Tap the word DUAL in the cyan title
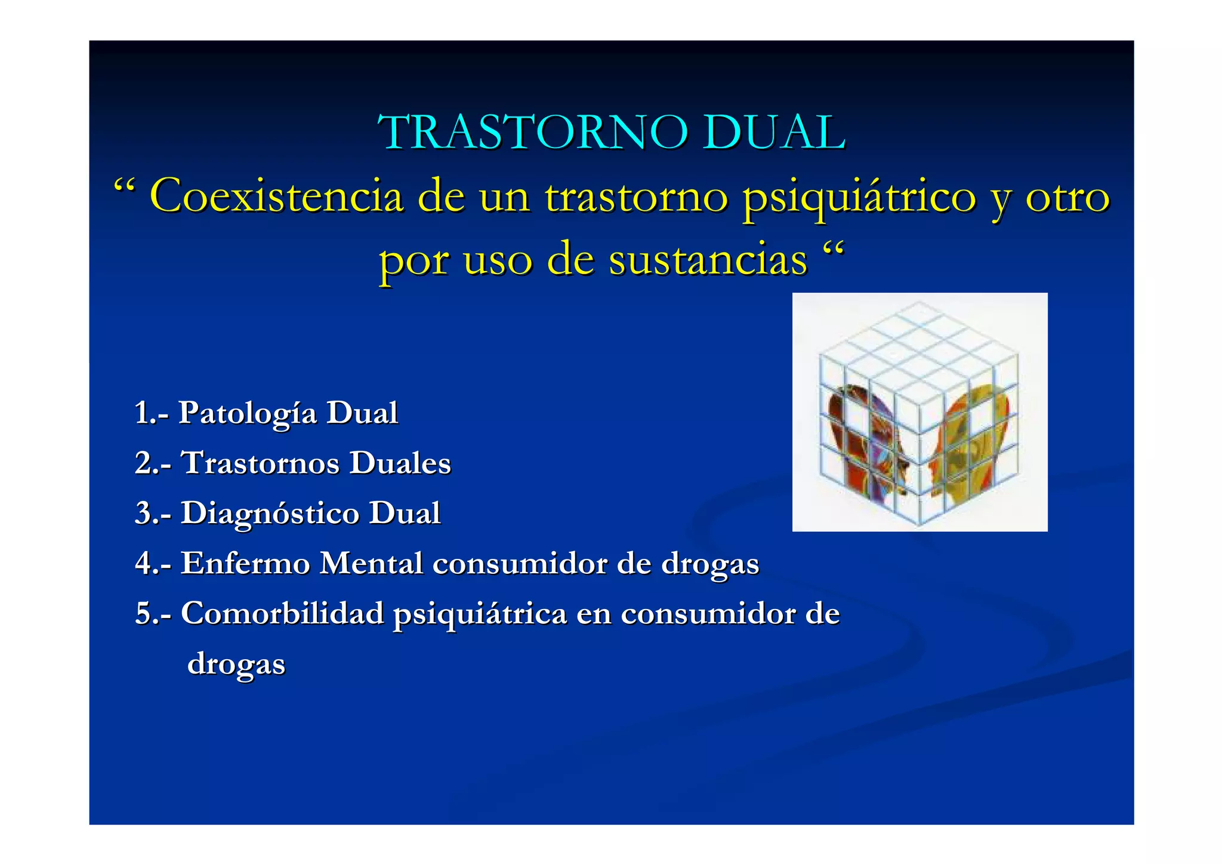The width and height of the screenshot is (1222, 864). [773, 132]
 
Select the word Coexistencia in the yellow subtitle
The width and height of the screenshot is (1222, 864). [276, 196]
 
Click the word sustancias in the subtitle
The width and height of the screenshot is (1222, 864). [708, 260]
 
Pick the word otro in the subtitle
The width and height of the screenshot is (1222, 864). [1067, 196]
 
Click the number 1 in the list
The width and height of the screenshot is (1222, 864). [141, 413]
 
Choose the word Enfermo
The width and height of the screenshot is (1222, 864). [244, 563]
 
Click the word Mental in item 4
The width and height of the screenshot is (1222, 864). [371, 563]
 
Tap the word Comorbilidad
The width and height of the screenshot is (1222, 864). [282, 613]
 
